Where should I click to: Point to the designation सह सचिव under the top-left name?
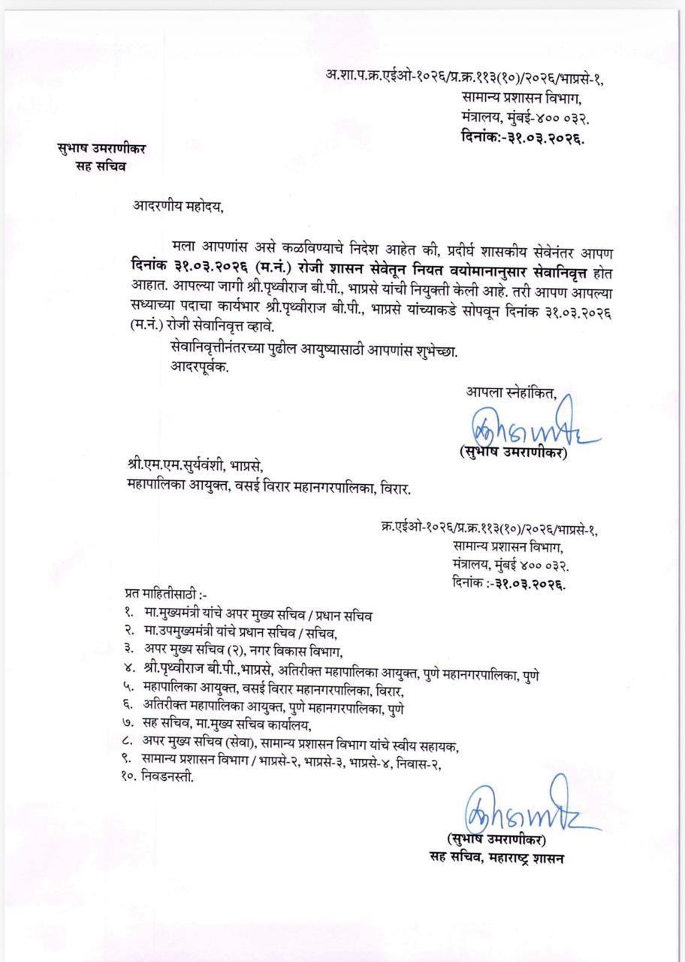[95, 166]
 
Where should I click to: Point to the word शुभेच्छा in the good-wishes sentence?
[431, 349]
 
